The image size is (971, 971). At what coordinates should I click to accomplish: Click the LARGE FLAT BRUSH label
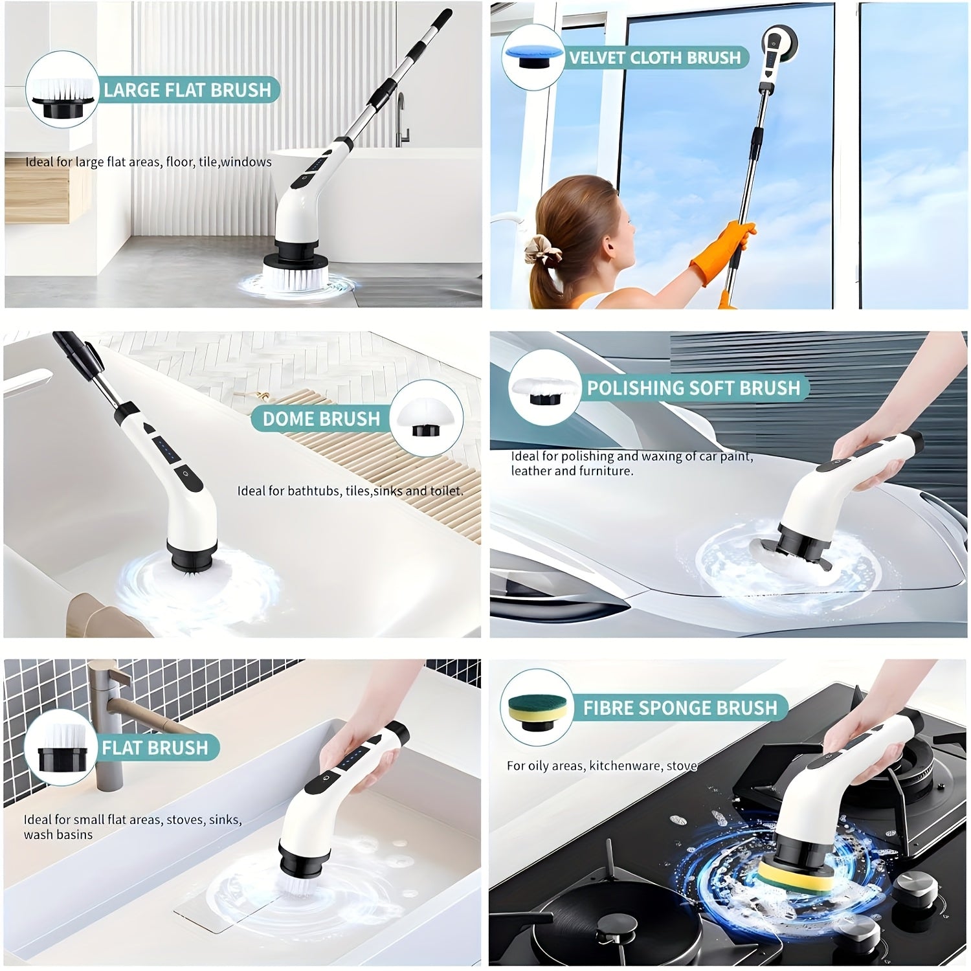coord(187,90)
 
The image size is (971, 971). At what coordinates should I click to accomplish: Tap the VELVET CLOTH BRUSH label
coord(654,58)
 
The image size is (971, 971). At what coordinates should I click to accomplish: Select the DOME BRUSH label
coord(321,419)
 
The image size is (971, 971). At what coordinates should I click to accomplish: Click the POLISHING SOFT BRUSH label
coord(693,388)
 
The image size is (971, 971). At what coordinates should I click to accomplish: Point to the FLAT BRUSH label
coord(155,748)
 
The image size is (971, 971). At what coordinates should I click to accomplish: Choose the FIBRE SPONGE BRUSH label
coord(680,708)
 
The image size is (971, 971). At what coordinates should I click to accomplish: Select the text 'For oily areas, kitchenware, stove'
coord(602,766)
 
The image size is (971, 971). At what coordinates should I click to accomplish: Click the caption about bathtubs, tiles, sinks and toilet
coord(350,491)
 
